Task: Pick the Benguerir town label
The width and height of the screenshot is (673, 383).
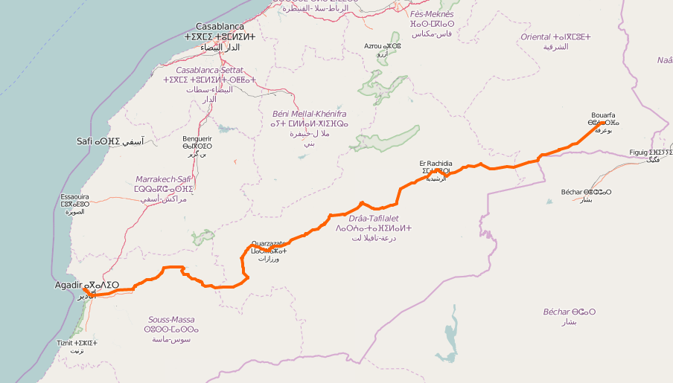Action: click(197, 138)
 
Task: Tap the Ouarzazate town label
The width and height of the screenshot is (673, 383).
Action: click(268, 243)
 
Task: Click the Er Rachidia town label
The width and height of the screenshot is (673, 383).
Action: click(436, 164)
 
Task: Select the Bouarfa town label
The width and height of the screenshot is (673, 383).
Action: click(603, 115)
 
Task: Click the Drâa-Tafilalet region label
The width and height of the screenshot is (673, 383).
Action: click(374, 219)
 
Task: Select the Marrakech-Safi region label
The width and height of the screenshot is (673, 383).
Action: click(164, 179)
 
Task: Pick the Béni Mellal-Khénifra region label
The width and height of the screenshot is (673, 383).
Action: click(309, 114)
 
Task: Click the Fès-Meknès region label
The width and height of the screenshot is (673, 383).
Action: click(432, 14)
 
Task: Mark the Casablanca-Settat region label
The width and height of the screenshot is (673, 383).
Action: click(209, 70)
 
